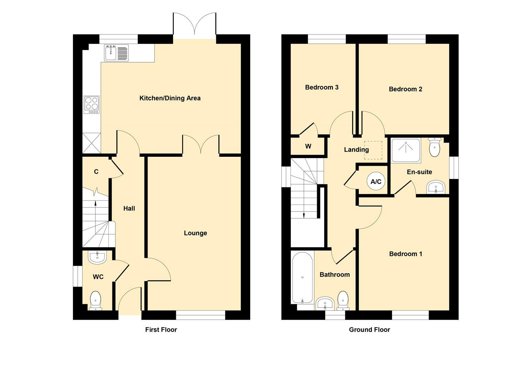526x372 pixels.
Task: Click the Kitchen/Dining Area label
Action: (x=170, y=98)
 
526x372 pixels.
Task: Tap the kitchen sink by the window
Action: (x=116, y=53)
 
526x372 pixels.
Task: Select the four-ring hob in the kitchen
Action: (x=92, y=105)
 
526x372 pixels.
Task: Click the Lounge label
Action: (x=196, y=233)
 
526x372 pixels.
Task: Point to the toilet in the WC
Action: (x=96, y=301)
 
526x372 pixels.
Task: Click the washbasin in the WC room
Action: (x=97, y=257)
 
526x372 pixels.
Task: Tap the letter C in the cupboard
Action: (x=96, y=172)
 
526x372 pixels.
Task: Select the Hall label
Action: (x=129, y=208)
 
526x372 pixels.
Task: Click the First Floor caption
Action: (x=161, y=330)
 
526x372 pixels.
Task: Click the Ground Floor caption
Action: (x=369, y=330)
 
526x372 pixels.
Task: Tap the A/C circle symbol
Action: (x=376, y=181)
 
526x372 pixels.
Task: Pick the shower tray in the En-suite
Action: (x=406, y=151)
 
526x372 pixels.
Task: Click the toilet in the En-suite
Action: (x=435, y=147)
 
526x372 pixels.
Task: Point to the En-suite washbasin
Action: (x=436, y=187)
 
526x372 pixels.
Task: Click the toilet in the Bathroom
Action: (x=343, y=301)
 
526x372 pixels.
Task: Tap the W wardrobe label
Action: (x=308, y=146)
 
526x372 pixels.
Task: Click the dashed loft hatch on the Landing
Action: (x=374, y=150)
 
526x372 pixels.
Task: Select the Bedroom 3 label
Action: (x=322, y=87)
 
